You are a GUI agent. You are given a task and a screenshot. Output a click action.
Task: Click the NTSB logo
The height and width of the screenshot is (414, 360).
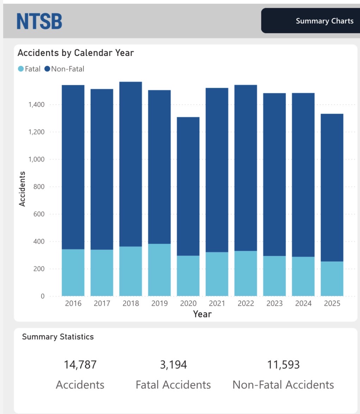39,21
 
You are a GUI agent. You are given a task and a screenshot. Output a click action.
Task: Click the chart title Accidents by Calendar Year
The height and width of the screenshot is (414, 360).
76,53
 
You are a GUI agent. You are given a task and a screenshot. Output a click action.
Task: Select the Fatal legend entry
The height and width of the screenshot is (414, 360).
30,69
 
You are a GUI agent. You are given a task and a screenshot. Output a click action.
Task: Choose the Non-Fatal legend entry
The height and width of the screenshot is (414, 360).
64,69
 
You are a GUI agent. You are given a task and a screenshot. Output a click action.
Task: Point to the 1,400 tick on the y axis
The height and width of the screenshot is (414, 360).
37,105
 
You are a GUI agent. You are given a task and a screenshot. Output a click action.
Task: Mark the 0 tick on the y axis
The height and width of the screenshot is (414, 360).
43,296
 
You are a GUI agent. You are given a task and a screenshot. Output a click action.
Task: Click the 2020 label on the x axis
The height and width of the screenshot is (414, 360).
188,303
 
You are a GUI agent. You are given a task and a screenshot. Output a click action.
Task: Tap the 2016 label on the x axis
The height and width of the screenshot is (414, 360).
73,303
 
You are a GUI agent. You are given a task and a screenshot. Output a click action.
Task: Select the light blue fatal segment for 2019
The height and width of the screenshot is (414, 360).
159,270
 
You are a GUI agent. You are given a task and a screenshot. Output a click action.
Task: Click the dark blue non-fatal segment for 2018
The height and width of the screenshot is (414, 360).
131,164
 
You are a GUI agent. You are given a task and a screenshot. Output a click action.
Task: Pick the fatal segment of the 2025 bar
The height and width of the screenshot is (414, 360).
332,278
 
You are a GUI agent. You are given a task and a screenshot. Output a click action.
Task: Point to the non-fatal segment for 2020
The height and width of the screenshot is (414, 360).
188,186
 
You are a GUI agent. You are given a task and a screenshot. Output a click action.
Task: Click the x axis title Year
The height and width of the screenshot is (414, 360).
202,314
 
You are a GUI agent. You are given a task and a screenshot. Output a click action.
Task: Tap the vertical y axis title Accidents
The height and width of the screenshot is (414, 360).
22,189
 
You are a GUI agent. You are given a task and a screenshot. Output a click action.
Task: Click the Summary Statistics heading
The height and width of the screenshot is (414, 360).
58,337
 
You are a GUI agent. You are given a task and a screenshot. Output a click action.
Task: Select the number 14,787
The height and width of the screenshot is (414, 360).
80,365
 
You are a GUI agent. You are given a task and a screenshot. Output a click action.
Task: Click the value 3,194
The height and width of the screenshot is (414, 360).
173,365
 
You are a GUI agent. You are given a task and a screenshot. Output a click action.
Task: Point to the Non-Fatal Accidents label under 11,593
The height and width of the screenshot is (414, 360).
283,385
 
